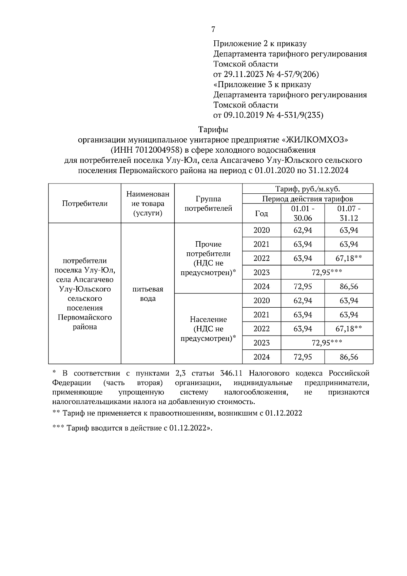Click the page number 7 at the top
tap(213, 30)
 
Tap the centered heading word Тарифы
tap(213, 130)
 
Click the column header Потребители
tap(85, 204)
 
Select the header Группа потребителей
tap(208, 204)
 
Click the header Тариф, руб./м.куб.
tap(308, 189)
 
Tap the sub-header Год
tap(261, 213)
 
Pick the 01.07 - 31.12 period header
tap(349, 213)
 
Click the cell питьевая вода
tap(148, 294)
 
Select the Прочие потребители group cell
tap(208, 258)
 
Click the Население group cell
tap(208, 329)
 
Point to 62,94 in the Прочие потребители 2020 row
tap(303, 230)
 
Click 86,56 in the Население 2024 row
tap(349, 357)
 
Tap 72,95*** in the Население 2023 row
tap(327, 343)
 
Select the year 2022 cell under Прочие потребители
tap(261, 258)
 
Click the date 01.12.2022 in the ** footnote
tap(284, 413)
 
